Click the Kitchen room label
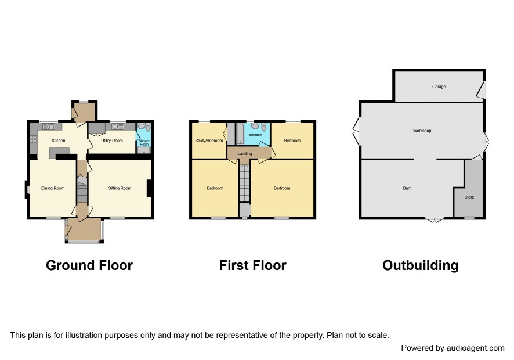click(59, 141)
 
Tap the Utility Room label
click(112, 141)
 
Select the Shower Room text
click(144, 142)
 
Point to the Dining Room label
click(53, 188)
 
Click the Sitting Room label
click(120, 188)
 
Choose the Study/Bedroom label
click(209, 141)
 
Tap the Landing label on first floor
click(245, 154)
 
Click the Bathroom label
click(255, 135)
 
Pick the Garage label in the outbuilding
click(439, 87)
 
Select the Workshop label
click(422, 131)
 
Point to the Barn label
click(407, 188)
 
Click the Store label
click(469, 197)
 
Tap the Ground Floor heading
click(89, 265)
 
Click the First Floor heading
click(253, 265)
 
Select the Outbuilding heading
click(420, 265)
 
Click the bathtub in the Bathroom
click(240, 134)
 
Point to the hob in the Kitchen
click(34, 139)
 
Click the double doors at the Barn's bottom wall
click(435, 220)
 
